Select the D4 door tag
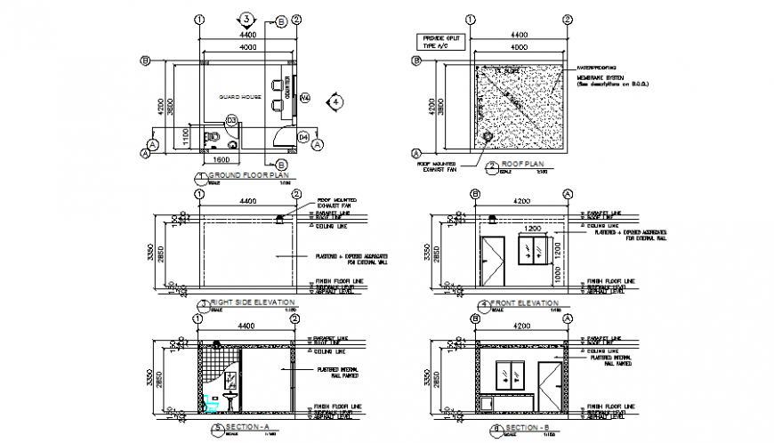302,137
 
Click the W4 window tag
303,97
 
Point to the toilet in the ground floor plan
211,137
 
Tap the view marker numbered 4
335,102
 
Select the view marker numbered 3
248,19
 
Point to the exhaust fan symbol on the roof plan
487,137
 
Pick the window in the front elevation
534,250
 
